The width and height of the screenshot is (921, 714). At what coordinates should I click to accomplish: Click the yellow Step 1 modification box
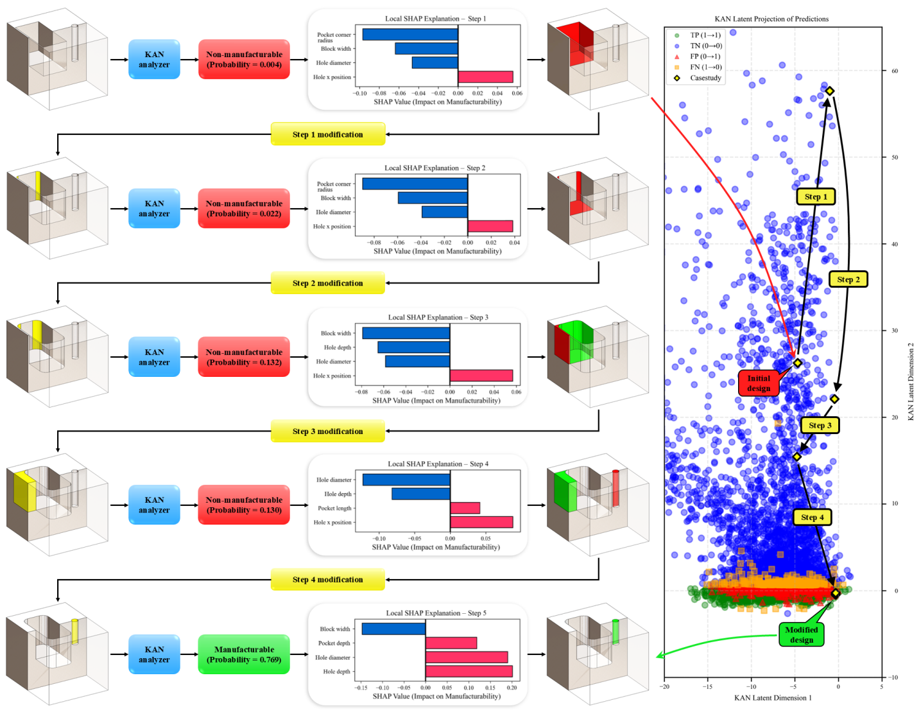pyautogui.click(x=327, y=134)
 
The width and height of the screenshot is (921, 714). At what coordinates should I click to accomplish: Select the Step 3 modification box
pyautogui.click(x=327, y=431)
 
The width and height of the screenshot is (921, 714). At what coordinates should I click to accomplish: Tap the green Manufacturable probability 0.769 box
pyautogui.click(x=244, y=654)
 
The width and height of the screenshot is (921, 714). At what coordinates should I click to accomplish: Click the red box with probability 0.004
pyautogui.click(x=244, y=60)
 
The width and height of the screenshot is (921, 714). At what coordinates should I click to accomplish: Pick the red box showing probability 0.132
pyautogui.click(x=244, y=357)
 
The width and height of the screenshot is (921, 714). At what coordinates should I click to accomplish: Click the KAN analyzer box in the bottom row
pyautogui.click(x=154, y=654)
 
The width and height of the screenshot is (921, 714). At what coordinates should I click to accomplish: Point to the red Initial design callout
pyautogui.click(x=759, y=383)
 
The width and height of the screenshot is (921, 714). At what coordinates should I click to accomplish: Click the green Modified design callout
pyautogui.click(x=801, y=634)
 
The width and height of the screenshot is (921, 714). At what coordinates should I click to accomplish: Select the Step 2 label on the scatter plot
pyautogui.click(x=848, y=279)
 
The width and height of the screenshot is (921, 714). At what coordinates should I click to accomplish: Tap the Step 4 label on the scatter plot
pyautogui.click(x=812, y=517)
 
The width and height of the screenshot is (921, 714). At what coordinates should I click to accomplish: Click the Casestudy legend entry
pyautogui.click(x=705, y=78)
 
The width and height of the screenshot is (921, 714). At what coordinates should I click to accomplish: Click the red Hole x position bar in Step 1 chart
pyautogui.click(x=485, y=77)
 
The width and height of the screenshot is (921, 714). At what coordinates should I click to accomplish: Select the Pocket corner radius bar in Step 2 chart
pyautogui.click(x=415, y=184)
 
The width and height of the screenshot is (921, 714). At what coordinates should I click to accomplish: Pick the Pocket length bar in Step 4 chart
pyautogui.click(x=465, y=508)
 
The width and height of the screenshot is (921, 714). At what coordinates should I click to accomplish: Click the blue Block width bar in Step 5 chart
pyautogui.click(x=393, y=629)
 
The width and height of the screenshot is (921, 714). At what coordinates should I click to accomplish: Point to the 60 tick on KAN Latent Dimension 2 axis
pyautogui.click(x=894, y=71)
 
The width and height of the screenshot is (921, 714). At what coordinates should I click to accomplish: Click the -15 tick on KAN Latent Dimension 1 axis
pyautogui.click(x=707, y=686)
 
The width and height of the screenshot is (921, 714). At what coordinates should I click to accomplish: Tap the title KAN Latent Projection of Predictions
pyautogui.click(x=771, y=19)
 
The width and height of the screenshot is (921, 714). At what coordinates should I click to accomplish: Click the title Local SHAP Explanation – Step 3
pyautogui.click(x=438, y=317)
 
